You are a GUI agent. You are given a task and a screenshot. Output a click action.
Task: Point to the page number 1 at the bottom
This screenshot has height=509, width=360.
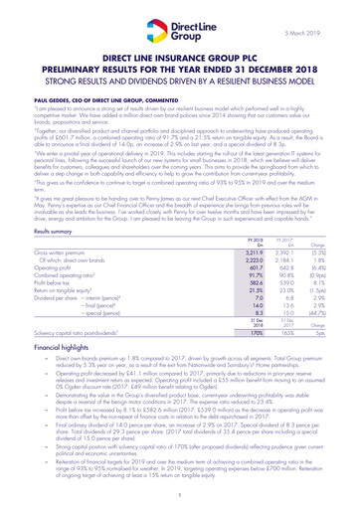click(x=180, y=493)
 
